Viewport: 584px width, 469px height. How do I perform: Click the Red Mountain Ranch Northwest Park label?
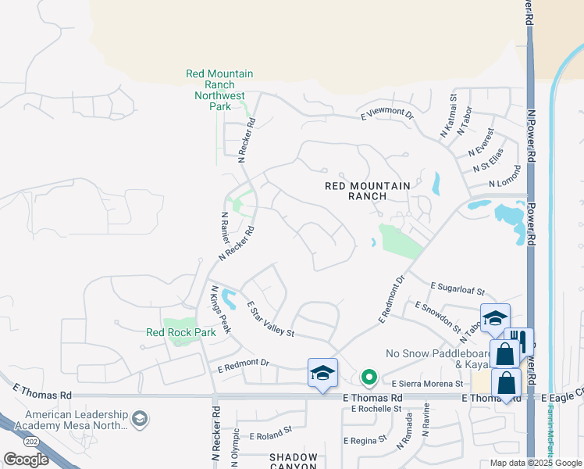(219, 90)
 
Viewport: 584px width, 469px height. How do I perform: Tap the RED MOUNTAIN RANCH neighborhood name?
(368, 191)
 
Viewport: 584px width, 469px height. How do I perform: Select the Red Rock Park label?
(181, 332)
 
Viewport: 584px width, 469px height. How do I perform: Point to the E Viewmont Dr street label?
(386, 114)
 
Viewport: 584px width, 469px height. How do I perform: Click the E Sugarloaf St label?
(458, 288)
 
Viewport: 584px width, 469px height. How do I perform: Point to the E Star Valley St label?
(269, 320)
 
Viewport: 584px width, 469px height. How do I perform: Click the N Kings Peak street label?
(219, 310)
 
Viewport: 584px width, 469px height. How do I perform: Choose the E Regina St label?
(365, 439)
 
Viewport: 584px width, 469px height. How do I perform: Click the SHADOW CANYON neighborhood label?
(294, 461)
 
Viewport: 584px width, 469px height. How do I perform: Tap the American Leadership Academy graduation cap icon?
(140, 418)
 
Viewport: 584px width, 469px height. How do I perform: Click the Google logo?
(26, 459)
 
